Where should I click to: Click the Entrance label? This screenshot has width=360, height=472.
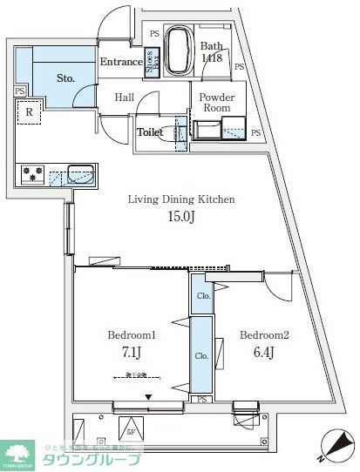click(x=120, y=63)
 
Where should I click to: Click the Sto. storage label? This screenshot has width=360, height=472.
click(x=66, y=78)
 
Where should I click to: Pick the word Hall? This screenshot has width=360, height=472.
click(x=125, y=98)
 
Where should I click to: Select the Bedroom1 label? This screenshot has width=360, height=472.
click(x=131, y=334)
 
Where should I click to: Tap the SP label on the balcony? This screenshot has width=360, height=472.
click(x=132, y=430)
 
